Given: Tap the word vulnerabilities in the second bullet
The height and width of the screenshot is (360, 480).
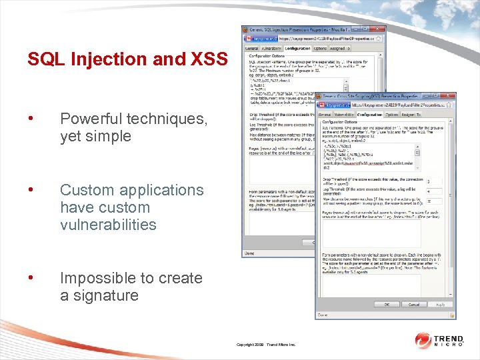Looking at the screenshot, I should tap(108, 225).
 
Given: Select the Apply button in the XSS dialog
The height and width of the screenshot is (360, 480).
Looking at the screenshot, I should tap(441, 305).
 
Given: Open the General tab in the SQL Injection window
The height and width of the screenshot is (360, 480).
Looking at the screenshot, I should tap(251, 49).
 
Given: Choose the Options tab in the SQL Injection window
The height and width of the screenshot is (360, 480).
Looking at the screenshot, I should tap(319, 49).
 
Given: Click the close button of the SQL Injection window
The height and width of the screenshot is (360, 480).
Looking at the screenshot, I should tap(381, 30).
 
